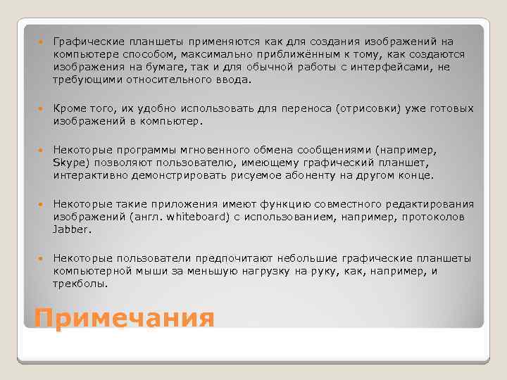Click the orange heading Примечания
124,317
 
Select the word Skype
68,163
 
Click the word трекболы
80,284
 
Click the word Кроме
69,109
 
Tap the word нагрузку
249,271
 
